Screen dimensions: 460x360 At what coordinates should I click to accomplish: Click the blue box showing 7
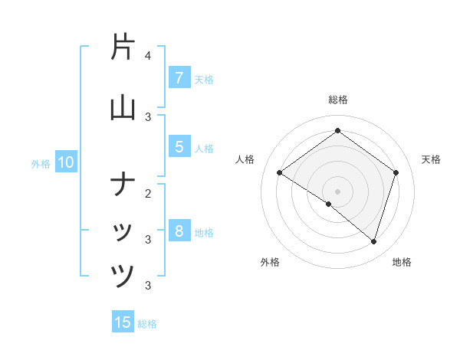[x=179, y=77]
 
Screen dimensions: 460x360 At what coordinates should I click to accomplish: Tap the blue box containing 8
[x=179, y=231]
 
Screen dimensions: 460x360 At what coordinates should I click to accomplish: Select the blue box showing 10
[x=65, y=162]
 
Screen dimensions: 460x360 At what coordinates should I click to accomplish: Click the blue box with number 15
[x=123, y=322]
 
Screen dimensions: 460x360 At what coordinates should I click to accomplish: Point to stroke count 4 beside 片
[x=148, y=56]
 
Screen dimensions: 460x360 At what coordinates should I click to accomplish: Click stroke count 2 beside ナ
[x=148, y=194]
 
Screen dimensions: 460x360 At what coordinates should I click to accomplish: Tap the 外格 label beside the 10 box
[x=41, y=163]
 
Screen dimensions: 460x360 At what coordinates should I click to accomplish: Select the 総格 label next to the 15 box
[x=147, y=324]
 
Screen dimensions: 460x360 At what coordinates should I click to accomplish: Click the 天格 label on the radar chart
[x=431, y=159]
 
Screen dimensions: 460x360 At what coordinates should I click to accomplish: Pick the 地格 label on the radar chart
[x=402, y=262]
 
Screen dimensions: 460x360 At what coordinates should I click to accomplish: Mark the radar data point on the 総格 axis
[x=337, y=131]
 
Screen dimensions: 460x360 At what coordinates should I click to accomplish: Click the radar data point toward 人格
[x=280, y=173]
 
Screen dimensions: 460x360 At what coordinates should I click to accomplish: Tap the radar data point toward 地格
[x=373, y=241]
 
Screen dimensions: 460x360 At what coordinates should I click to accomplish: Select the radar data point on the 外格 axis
[x=329, y=204]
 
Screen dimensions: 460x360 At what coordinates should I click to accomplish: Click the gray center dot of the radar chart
[x=337, y=191]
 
